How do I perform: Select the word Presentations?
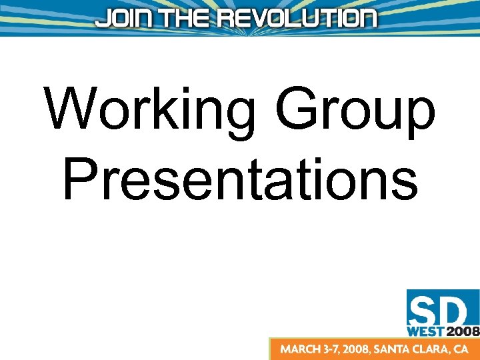(x=240, y=179)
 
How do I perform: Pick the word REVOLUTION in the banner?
(x=297, y=18)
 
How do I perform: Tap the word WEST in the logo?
(x=425, y=330)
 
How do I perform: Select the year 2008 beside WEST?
(x=461, y=330)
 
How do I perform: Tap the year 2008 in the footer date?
(x=364, y=349)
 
